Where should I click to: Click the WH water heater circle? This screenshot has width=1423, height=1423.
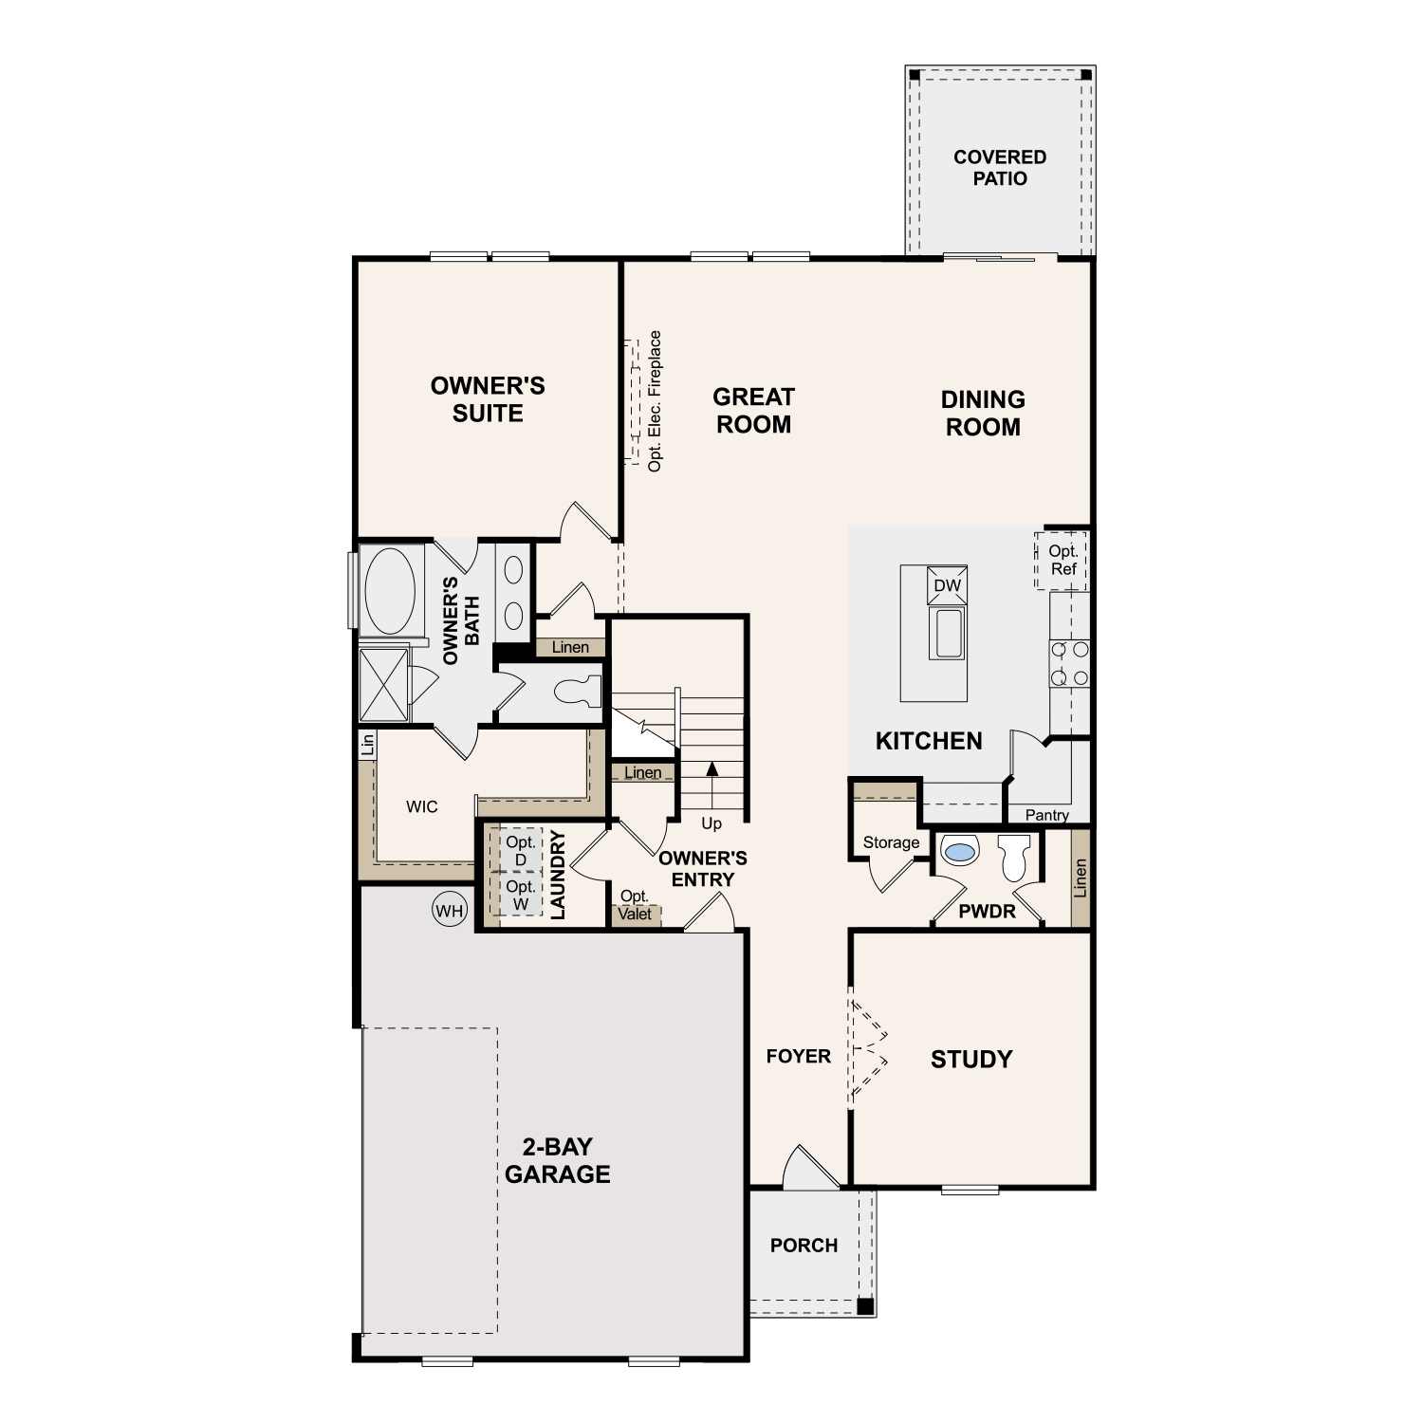tap(449, 911)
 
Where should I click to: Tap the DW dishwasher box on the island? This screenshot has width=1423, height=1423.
tap(947, 585)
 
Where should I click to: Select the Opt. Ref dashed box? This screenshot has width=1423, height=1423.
tap(1062, 560)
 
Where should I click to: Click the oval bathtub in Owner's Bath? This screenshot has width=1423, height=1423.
tap(390, 590)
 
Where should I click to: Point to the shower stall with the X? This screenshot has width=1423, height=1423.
tap(383, 685)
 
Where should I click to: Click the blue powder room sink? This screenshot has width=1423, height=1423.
tap(960, 851)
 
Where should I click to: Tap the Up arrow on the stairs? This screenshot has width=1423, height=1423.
tap(712, 782)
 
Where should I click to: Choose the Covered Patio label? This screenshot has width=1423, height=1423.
tap(1000, 168)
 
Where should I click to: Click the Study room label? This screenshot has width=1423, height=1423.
tap(971, 1059)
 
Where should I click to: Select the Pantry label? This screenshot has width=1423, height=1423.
tap(1046, 815)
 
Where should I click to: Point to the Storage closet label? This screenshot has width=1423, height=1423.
tap(891, 842)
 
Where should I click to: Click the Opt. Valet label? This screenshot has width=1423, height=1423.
tap(635, 905)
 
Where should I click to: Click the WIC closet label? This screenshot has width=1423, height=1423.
tap(422, 806)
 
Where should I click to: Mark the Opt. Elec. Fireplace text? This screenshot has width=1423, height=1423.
tap(655, 401)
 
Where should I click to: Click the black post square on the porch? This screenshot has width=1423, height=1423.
tap(864, 1306)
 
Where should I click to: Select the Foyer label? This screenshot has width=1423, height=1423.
tap(799, 1056)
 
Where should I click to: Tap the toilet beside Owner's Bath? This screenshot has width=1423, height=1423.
tap(579, 691)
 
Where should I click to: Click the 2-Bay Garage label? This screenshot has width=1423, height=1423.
tap(557, 1160)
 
